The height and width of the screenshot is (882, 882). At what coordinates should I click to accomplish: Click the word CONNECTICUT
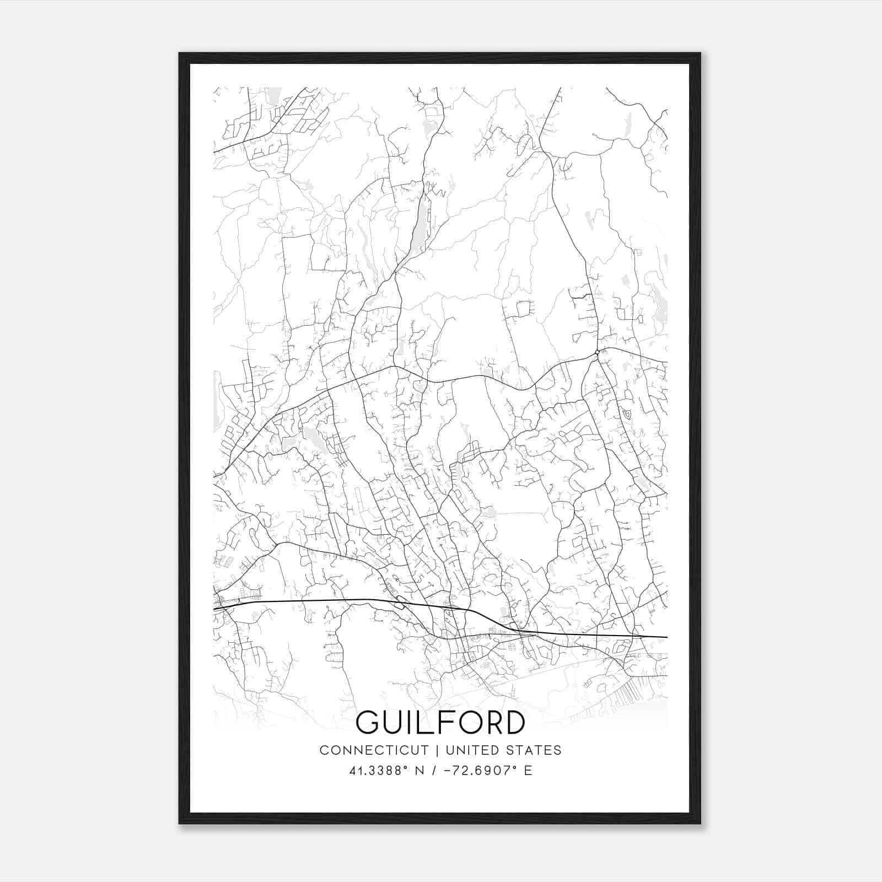[x=374, y=750]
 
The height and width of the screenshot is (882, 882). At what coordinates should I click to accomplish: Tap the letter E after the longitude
[x=528, y=770]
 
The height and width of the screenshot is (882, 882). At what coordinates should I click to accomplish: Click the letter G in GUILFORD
[x=368, y=722]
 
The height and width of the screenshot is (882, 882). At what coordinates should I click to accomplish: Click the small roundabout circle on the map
[x=597, y=352]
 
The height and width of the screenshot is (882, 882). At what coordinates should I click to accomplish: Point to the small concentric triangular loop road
[x=626, y=412]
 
